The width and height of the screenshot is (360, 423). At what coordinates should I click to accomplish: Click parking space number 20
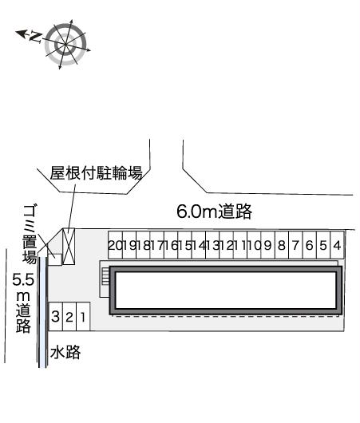coord(115,245)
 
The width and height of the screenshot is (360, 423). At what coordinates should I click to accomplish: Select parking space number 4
coord(338,245)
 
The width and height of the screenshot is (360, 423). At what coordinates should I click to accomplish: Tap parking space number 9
coord(267,245)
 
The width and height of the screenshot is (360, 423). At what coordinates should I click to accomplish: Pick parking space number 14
coord(199,245)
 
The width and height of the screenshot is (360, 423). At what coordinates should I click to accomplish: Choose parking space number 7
coord(295,245)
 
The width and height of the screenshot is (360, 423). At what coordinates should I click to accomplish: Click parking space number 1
coord(83,316)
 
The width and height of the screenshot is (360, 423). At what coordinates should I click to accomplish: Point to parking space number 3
coord(56,316)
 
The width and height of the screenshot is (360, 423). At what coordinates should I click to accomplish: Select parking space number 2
coord(69,316)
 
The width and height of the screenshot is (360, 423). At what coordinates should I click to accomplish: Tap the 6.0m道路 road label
coord(214,211)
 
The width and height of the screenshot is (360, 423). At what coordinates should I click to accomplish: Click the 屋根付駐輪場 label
coord(96,172)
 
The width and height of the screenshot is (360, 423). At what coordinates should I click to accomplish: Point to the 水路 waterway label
coord(65,352)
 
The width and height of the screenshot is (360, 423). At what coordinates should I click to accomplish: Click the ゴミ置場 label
coord(30,235)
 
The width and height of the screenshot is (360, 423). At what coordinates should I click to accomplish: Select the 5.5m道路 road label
coord(23,303)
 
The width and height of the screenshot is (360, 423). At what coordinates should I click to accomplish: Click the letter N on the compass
coord(36,37)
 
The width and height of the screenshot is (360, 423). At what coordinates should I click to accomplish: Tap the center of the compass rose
coord(65,44)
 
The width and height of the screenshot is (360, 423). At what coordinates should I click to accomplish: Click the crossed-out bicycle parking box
coord(69,247)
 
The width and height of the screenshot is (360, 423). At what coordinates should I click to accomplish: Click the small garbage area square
coord(55,260)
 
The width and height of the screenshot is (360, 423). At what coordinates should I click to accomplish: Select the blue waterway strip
coord(42,353)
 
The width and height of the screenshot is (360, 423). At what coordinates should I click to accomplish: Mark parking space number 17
coord(157,245)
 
